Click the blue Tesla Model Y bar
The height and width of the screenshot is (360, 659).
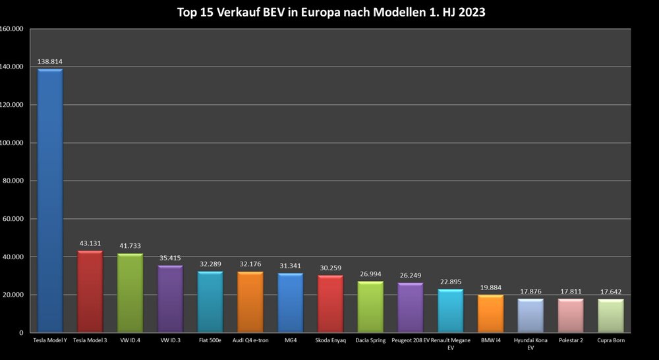pos(50,200)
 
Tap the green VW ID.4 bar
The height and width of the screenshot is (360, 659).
pos(130,293)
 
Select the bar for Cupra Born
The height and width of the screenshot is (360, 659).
pos(610,316)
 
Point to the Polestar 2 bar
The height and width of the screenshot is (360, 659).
pos(570,316)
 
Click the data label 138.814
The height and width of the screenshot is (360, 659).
pos(50,61)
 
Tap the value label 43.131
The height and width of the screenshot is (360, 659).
pos(90,243)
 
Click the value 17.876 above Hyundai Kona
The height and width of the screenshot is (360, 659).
pos(530,291)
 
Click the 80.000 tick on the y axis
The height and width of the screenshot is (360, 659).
pos(13,181)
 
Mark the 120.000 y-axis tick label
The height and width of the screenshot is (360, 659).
pos(12,105)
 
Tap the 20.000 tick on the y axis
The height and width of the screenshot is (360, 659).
pos(13,295)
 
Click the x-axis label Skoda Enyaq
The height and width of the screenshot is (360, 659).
pos(330,340)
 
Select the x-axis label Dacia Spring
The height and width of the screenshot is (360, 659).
pos(370,340)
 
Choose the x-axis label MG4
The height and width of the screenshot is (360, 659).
pos(290,340)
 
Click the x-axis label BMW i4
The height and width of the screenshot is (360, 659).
pos(490,340)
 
